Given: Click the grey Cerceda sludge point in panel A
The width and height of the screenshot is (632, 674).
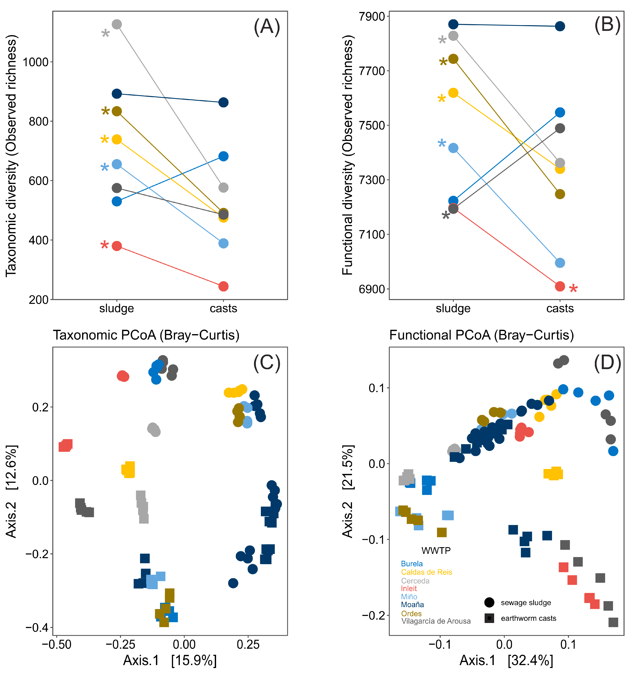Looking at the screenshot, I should point(117,24).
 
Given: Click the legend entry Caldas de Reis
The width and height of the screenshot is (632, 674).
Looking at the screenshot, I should point(426,572).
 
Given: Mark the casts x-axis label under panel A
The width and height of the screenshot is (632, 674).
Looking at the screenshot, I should point(223,309).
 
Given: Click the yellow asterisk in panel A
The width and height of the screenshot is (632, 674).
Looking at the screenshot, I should point(104,139).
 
